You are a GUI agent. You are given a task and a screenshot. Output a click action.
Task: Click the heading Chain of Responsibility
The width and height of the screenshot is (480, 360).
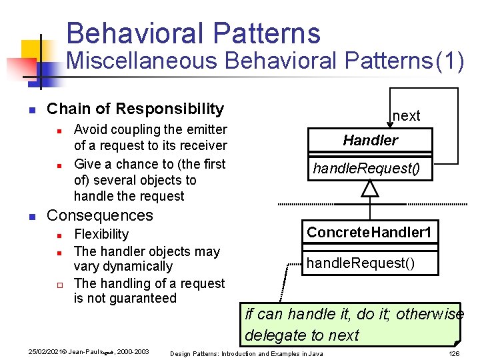click(x=135, y=109)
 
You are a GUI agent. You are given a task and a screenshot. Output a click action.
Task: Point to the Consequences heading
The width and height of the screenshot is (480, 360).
click(x=100, y=215)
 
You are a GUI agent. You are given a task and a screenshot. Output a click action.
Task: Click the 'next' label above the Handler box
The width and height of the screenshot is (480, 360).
click(x=406, y=115)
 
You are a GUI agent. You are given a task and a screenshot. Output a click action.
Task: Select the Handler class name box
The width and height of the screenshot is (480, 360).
click(x=370, y=140)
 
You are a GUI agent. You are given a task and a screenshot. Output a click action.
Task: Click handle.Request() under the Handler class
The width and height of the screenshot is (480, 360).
click(x=367, y=169)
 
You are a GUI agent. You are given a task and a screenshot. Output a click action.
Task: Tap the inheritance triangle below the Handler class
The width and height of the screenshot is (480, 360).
click(x=369, y=189)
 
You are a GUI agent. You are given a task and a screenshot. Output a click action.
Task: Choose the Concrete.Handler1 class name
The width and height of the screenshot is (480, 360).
click(x=369, y=233)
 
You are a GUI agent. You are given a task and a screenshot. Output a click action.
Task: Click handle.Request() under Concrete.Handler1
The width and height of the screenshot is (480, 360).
click(x=360, y=263)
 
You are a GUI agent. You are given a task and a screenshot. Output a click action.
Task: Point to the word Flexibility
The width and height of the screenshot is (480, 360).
click(x=101, y=234)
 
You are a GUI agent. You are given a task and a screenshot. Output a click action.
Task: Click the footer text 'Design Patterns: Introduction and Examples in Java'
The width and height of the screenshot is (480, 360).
click(x=247, y=353)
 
